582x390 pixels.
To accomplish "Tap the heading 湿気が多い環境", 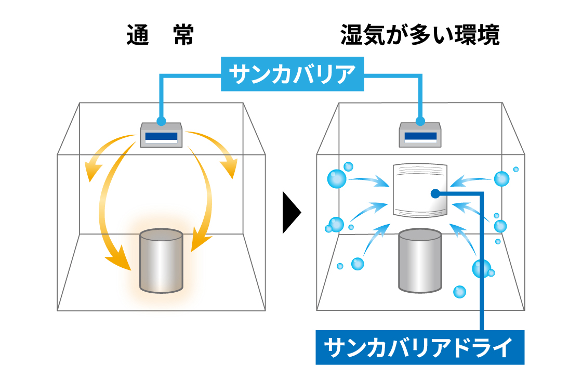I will (x=420, y=36).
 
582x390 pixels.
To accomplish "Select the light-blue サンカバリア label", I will (x=292, y=74).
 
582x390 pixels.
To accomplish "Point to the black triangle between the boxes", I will (x=291, y=212).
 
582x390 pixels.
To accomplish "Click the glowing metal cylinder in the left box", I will (x=161, y=262).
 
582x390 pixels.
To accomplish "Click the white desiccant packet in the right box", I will (x=420, y=190).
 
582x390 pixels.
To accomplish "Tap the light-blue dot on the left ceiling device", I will (x=161, y=122).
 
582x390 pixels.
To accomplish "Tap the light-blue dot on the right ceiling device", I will (x=420, y=122).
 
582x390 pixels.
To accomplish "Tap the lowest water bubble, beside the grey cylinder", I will (x=459, y=292).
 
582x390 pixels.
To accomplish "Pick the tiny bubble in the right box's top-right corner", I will (x=515, y=170).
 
